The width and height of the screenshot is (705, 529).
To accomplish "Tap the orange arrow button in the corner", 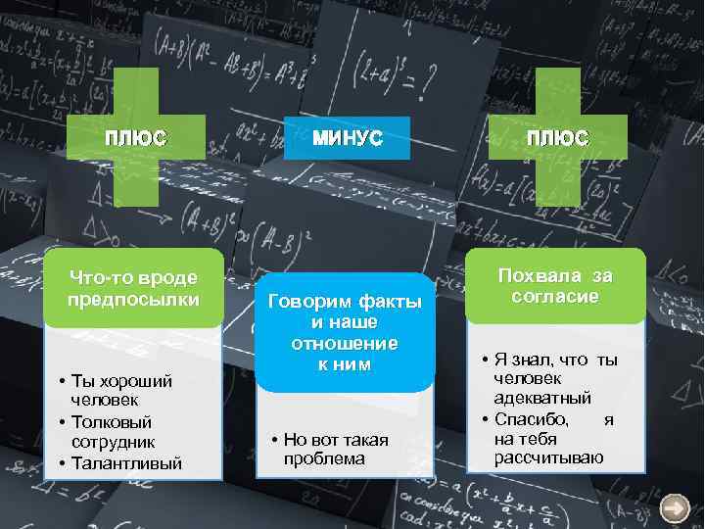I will click(675, 507).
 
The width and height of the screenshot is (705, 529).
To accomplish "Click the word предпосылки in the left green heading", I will click(133, 299).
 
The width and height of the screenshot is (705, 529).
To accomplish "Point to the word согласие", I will click(554, 296).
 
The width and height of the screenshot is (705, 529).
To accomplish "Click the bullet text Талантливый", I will click(126, 462).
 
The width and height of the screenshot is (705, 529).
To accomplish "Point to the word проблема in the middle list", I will click(324, 458).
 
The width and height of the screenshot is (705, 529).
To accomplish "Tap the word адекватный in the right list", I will click(542, 398).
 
